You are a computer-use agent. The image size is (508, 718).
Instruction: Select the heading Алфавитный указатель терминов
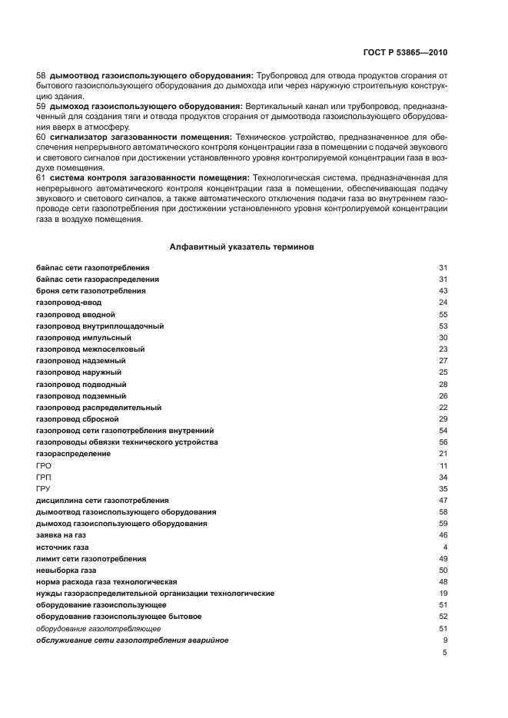[241, 247]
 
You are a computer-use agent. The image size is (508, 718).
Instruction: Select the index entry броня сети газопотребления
[91, 291]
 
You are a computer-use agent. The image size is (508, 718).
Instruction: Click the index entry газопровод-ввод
[68, 303]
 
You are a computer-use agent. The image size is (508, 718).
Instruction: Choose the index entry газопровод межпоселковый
[90, 349]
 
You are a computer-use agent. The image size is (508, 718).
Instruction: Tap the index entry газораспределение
[73, 454]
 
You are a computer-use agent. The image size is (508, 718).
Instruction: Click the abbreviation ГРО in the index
[44, 466]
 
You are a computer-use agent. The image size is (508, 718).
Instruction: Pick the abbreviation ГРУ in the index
[44, 489]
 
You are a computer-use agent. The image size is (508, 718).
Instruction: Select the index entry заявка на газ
[61, 535]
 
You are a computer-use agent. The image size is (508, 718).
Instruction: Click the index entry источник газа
[63, 547]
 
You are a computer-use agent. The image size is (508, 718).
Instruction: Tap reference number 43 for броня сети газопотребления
[443, 291]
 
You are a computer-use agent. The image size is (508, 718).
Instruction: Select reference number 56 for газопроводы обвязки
[443, 442]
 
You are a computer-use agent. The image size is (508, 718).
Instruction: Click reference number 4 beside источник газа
[445, 547]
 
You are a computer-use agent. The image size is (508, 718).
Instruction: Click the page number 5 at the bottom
[444, 653]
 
